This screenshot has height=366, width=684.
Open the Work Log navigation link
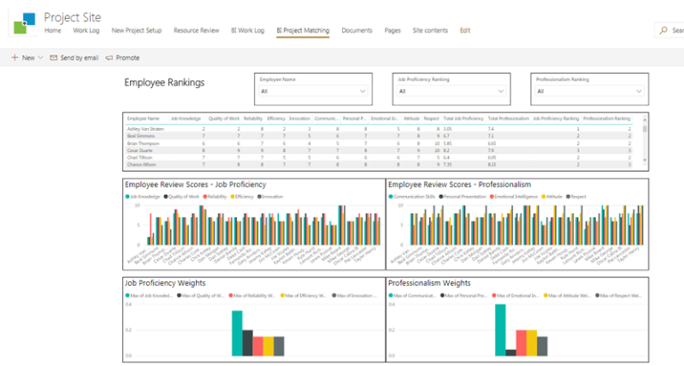click(x=86, y=30)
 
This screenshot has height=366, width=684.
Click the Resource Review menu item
click(x=196, y=30)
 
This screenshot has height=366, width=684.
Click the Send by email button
click(x=73, y=57)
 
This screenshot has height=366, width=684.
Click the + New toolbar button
click(x=23, y=57)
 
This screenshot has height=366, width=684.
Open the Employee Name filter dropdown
click(x=312, y=91)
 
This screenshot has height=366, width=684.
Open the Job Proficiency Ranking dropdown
click(x=452, y=91)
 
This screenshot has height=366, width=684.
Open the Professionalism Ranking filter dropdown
click(x=589, y=91)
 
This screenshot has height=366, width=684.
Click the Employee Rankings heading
click(x=164, y=83)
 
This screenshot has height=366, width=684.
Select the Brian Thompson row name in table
click(x=144, y=142)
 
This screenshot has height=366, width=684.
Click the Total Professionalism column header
click(x=509, y=118)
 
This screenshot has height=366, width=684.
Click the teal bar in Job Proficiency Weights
click(x=237, y=332)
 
